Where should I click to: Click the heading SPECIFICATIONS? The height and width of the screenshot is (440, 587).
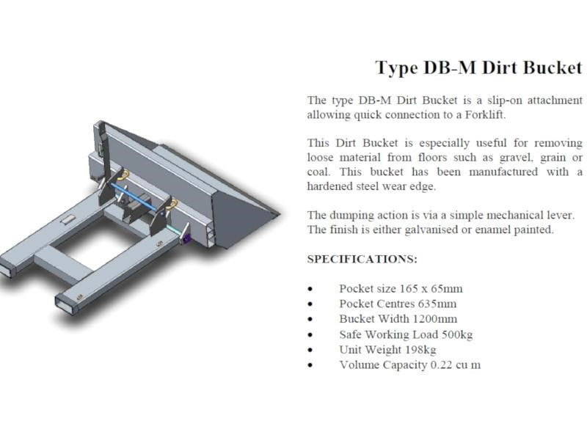pyautogui.click(x=362, y=259)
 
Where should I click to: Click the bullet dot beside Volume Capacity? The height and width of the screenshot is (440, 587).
pyautogui.click(x=312, y=365)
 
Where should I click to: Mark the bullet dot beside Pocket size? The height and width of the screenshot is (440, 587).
pyautogui.click(x=312, y=289)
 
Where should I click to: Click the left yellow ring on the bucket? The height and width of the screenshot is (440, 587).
pyautogui.click(x=122, y=173)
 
